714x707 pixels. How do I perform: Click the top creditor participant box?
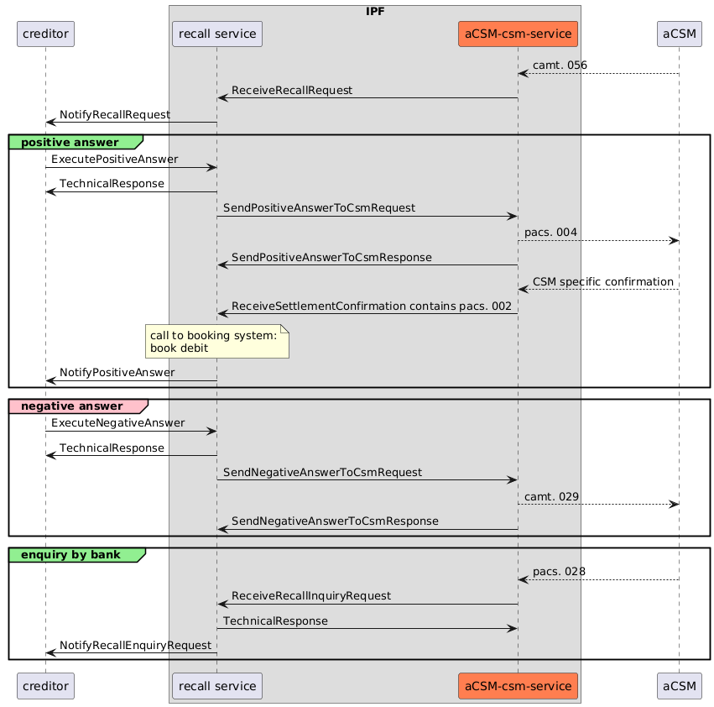pyautogui.click(x=45, y=34)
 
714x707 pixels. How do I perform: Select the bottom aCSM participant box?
pyautogui.click(x=679, y=686)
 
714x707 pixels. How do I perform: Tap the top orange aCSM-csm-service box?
pyautogui.click(x=519, y=34)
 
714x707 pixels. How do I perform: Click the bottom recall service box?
pyautogui.click(x=216, y=686)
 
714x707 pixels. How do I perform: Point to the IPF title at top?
pyautogui.click(x=374, y=11)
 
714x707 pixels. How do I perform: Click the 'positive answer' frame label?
pyautogui.click(x=76, y=142)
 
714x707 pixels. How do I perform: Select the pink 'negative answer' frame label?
pyautogui.click(x=77, y=406)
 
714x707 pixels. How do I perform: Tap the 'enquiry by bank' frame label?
pyautogui.click(x=76, y=554)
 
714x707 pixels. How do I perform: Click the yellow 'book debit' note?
pyautogui.click(x=216, y=342)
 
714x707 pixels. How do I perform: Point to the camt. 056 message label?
pyautogui.click(x=560, y=65)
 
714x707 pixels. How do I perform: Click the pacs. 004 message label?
pyautogui.click(x=551, y=232)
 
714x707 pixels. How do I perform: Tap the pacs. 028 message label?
pyautogui.click(x=559, y=571)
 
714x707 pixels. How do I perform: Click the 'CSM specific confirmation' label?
pyautogui.click(x=602, y=281)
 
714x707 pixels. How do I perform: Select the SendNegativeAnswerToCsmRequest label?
pyautogui.click(x=322, y=472)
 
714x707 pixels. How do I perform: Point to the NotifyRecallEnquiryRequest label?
pyautogui.click(x=135, y=645)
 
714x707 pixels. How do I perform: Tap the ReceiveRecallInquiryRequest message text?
pyautogui.click(x=311, y=595)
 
